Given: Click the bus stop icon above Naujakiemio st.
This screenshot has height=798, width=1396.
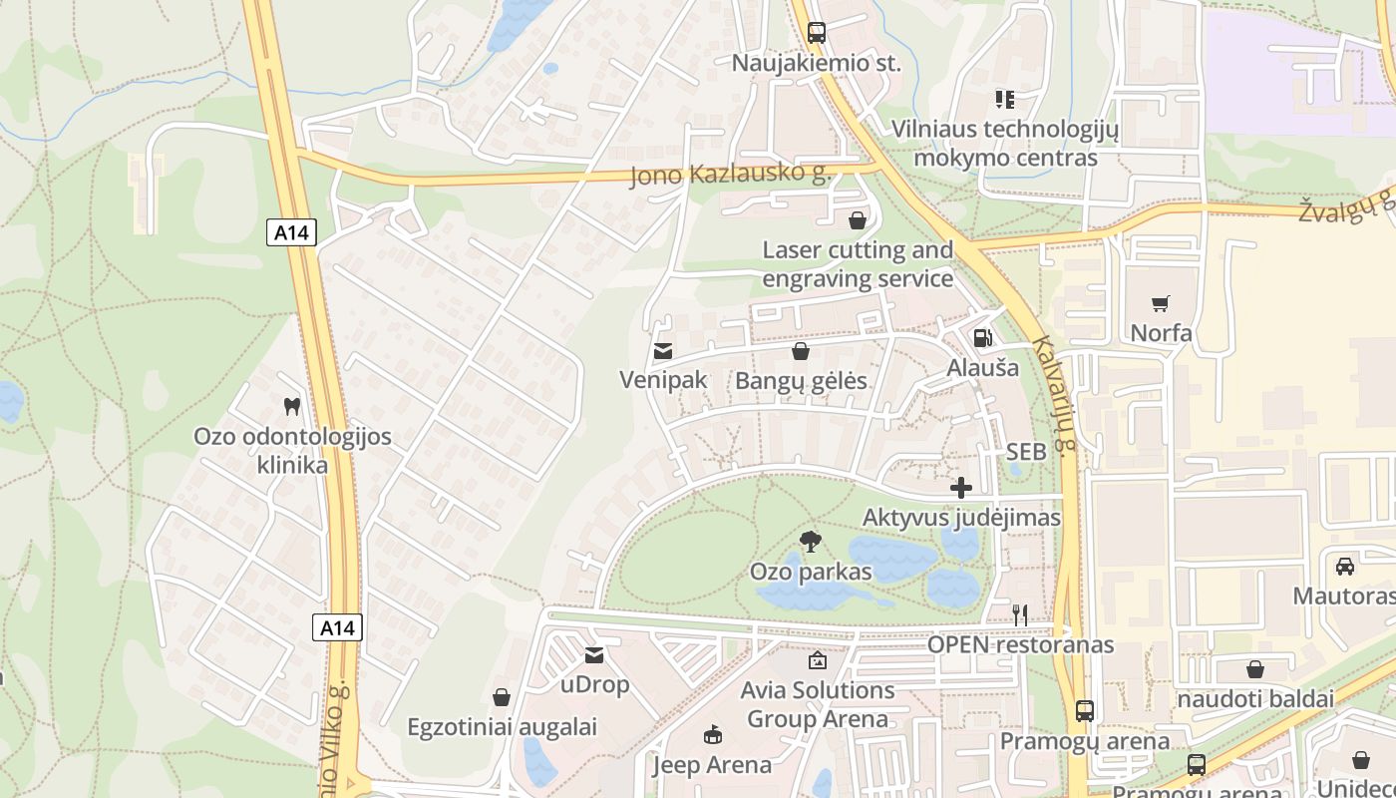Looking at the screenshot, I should (x=816, y=32).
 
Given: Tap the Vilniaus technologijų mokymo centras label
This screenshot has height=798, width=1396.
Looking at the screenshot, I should (x=1005, y=144).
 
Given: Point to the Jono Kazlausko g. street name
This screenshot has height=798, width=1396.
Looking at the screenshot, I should (x=730, y=175).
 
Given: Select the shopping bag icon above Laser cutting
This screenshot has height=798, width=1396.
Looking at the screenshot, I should (x=857, y=220).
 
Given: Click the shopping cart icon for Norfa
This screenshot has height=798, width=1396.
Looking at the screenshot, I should (x=1160, y=303).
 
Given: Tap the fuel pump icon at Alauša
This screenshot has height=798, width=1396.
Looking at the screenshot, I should (x=982, y=338).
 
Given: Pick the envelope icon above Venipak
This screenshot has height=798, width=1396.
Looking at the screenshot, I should (x=662, y=351).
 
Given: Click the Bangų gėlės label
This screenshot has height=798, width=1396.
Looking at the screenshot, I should (x=801, y=381).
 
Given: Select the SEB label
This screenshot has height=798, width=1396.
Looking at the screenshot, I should (x=1026, y=452).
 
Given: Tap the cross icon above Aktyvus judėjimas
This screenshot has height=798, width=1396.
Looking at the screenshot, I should (x=961, y=488).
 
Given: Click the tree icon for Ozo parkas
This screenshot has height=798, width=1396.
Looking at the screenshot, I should (x=811, y=542).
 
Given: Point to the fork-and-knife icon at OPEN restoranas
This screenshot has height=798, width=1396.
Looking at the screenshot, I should (x=1020, y=614).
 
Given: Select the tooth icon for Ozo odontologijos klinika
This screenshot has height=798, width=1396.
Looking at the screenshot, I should (x=292, y=406).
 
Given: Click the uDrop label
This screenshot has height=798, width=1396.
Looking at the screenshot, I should (x=594, y=684).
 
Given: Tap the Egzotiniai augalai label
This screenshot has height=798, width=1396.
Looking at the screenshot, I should (x=502, y=727).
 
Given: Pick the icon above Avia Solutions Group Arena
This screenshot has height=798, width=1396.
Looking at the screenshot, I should (x=817, y=659).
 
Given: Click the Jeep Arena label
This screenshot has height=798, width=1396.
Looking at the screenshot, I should (x=712, y=765).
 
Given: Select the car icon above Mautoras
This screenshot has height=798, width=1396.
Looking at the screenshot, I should (x=1344, y=567).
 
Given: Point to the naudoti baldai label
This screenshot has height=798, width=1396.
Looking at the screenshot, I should (x=1255, y=699).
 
